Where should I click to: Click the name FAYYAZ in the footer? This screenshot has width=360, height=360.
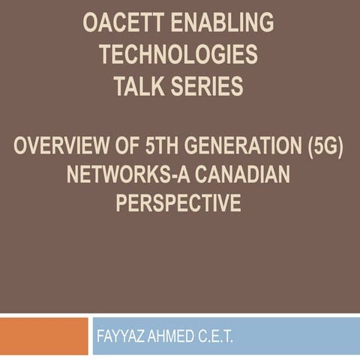click(x=124, y=337)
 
